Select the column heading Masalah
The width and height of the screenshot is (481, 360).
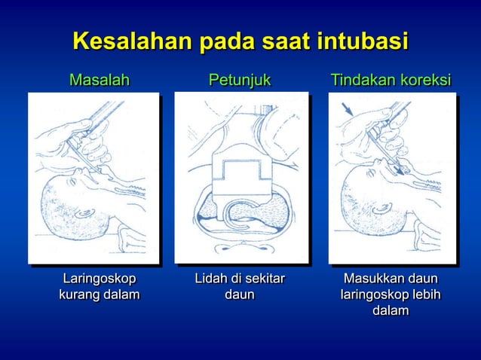click(x=100, y=80)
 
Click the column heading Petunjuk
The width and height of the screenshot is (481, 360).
click(x=240, y=80)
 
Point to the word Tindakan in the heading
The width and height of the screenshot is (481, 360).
click(x=360, y=80)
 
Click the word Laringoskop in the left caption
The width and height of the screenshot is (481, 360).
click(x=99, y=279)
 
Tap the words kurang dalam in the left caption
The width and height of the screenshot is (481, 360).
click(x=99, y=294)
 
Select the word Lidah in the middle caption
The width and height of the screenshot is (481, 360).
click(x=212, y=279)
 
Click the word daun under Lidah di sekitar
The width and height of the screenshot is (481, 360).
click(x=240, y=294)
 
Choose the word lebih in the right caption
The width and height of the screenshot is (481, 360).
click(x=426, y=294)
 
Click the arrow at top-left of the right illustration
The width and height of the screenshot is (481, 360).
click(x=348, y=111)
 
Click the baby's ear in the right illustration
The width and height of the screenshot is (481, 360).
click(x=381, y=207)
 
